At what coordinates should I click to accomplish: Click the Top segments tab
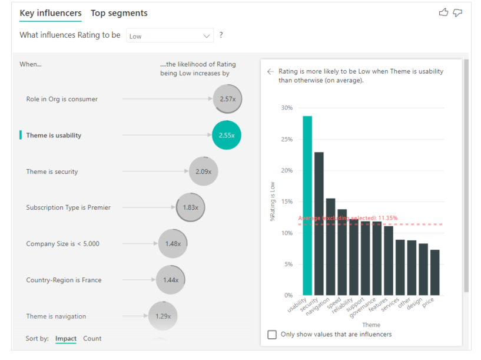pyautogui.click(x=119, y=13)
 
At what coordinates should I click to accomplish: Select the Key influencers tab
pyautogui.click(x=51, y=13)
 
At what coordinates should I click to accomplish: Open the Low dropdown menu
pyautogui.click(x=170, y=36)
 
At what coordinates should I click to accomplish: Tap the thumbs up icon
pyautogui.click(x=443, y=12)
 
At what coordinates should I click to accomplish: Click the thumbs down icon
pyautogui.click(x=457, y=12)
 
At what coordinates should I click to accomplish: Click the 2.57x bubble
pyautogui.click(x=228, y=99)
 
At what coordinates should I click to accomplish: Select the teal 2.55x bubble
pyautogui.click(x=227, y=135)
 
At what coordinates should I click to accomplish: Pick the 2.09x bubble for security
pyautogui.click(x=204, y=171)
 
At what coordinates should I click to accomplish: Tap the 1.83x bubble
pyautogui.click(x=191, y=207)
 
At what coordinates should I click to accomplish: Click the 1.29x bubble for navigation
pyautogui.click(x=163, y=316)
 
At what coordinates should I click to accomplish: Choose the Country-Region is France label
pyautogui.click(x=64, y=280)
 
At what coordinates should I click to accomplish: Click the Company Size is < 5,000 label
pyautogui.click(x=62, y=244)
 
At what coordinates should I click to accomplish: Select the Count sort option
pyautogui.click(x=92, y=338)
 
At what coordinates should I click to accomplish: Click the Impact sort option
pyautogui.click(x=66, y=338)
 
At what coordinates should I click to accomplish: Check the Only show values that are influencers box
pyautogui.click(x=272, y=334)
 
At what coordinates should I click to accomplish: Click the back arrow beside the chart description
pyautogui.click(x=270, y=71)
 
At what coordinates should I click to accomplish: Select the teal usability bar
pyautogui.click(x=307, y=206)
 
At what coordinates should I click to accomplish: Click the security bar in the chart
pyautogui.click(x=319, y=224)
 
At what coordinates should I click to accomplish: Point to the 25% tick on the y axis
pyautogui.click(x=287, y=139)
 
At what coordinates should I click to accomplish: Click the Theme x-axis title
pyautogui.click(x=371, y=325)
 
